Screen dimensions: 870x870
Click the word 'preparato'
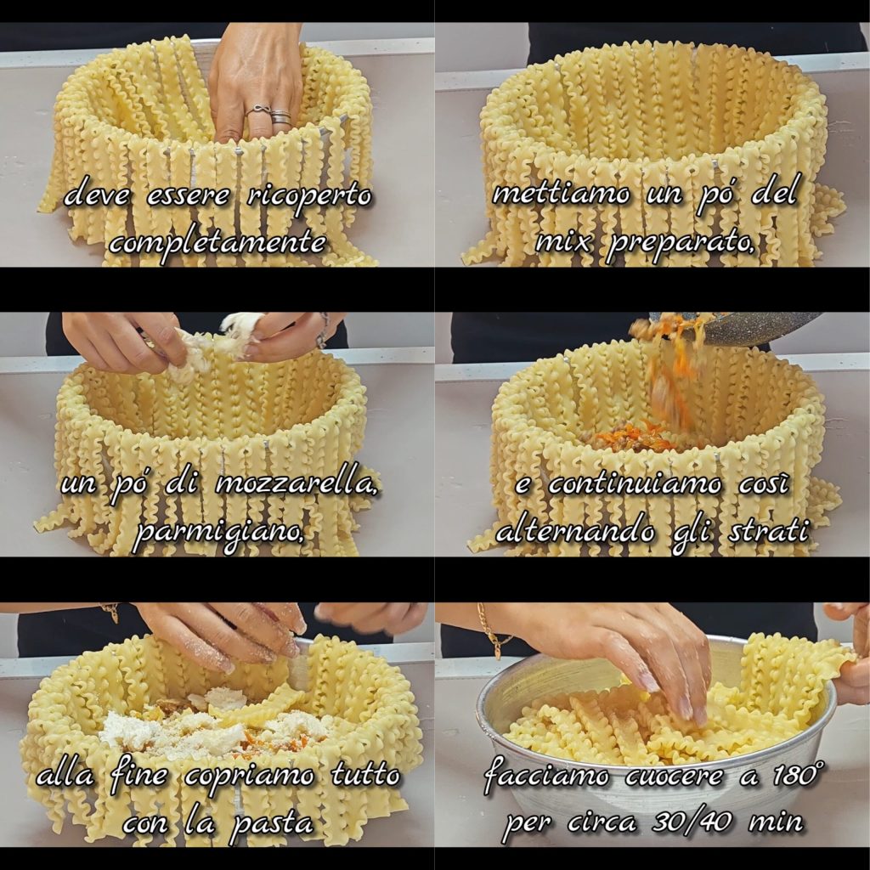681,242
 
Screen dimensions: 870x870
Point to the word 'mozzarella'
297,484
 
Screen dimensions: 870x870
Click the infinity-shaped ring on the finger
257,110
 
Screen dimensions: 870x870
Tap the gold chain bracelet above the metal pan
491,631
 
